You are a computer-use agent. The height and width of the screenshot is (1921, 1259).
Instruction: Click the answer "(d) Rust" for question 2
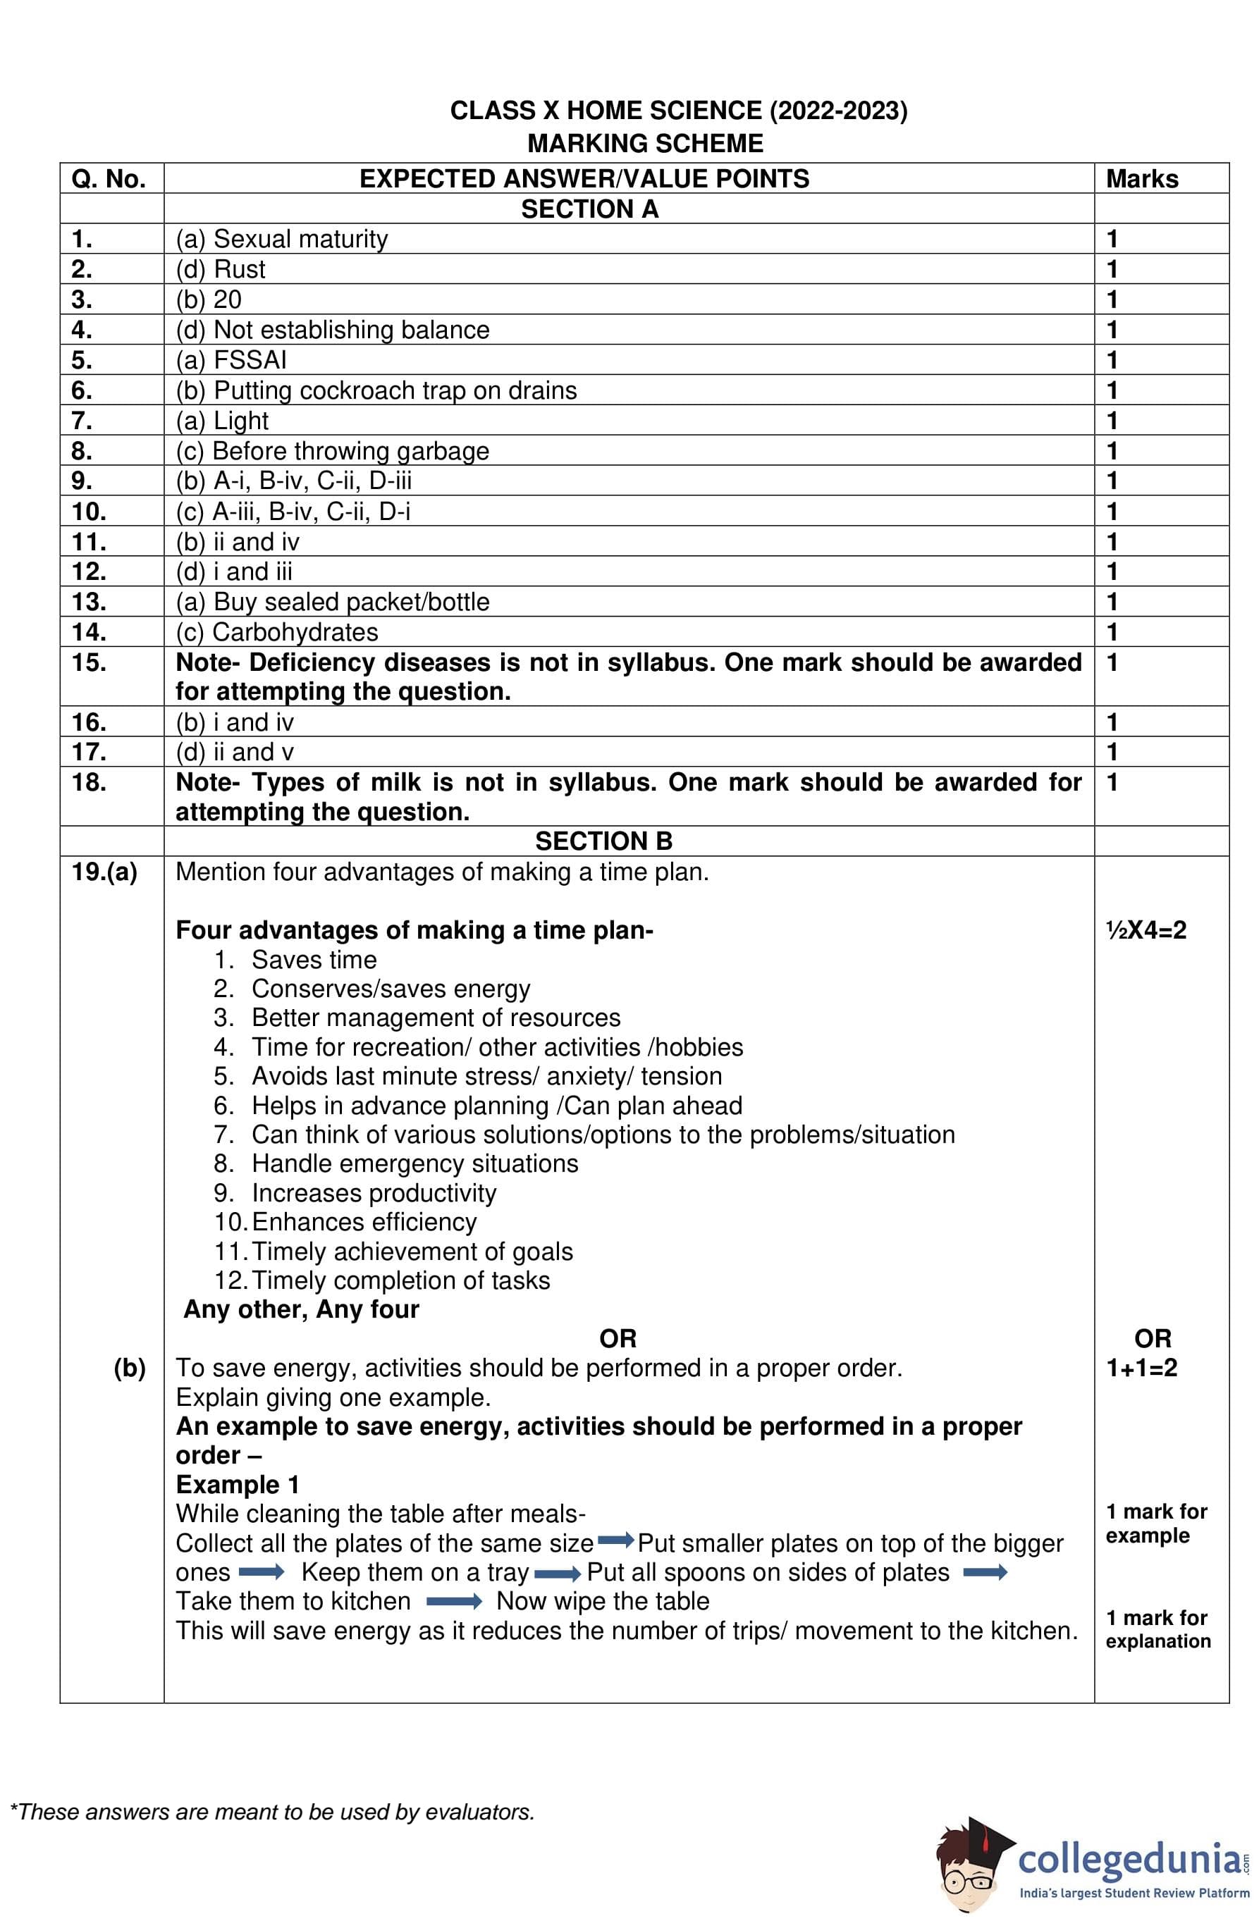tap(221, 268)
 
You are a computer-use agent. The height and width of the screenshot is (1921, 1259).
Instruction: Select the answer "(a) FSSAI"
tap(231, 360)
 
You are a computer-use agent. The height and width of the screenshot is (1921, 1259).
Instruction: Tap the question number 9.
tap(82, 481)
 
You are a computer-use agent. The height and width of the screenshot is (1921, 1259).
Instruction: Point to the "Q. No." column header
tap(109, 179)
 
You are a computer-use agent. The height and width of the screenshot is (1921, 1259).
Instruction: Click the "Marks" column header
tap(1141, 179)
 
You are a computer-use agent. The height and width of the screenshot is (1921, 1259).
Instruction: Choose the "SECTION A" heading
tap(589, 209)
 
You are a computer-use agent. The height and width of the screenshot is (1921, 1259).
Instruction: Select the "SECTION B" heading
tap(603, 841)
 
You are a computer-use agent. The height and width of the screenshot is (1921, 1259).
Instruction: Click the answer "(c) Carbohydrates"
tap(276, 632)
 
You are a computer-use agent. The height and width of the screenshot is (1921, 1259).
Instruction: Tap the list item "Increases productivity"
tap(374, 1193)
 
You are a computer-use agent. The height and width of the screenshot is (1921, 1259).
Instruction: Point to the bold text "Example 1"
tap(238, 1484)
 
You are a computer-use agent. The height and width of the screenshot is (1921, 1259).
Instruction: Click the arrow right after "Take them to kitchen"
tap(454, 1601)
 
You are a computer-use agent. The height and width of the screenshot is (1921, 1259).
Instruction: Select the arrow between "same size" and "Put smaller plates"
tap(615, 1541)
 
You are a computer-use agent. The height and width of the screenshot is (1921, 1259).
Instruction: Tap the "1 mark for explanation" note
tap(1157, 1629)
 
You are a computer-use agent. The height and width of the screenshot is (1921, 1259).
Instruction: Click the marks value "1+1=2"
tap(1141, 1368)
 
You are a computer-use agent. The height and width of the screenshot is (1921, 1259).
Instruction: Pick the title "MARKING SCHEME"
tap(645, 144)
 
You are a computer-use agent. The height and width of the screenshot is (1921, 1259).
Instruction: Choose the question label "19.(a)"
tap(104, 872)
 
